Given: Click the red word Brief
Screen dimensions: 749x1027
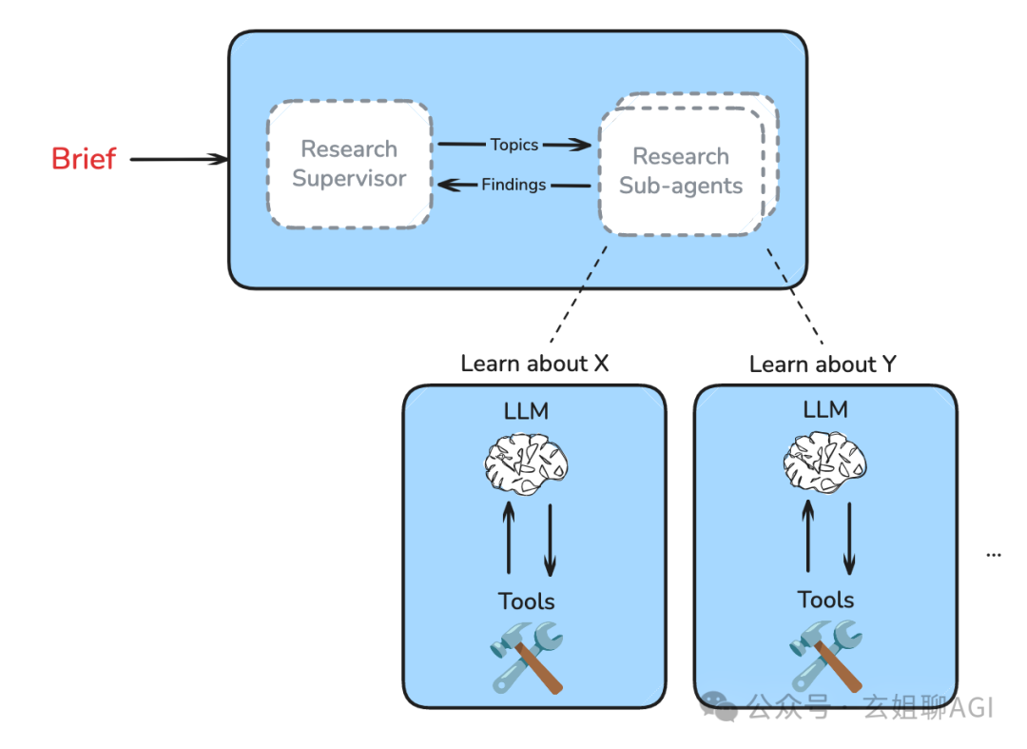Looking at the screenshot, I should pyautogui.click(x=84, y=159).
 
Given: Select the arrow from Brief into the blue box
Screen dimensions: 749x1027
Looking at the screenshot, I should pyautogui.click(x=179, y=160).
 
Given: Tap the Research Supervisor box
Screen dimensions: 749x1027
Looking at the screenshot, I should pyautogui.click(x=349, y=164).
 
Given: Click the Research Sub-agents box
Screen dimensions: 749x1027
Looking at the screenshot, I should pyautogui.click(x=681, y=171).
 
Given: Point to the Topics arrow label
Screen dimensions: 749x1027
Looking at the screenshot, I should pyautogui.click(x=514, y=145).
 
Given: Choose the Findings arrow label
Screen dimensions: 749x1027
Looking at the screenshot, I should pyautogui.click(x=513, y=185).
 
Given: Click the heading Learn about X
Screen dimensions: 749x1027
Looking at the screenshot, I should pyautogui.click(x=534, y=364).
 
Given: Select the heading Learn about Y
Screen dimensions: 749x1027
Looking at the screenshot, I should pyautogui.click(x=823, y=364).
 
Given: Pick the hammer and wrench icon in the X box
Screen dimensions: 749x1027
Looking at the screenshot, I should pyautogui.click(x=528, y=657).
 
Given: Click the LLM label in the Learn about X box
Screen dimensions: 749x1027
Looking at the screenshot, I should pyautogui.click(x=526, y=410).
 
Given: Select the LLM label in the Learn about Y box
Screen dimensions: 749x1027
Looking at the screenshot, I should pyautogui.click(x=824, y=409).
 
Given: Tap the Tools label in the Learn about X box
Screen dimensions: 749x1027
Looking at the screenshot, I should pyautogui.click(x=526, y=601).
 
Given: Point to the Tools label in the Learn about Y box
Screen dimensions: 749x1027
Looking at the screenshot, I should pyautogui.click(x=825, y=600).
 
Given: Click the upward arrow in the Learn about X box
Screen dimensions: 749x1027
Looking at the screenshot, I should pyautogui.click(x=509, y=538).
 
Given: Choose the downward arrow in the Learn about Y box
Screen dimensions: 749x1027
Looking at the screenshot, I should pyautogui.click(x=848, y=538).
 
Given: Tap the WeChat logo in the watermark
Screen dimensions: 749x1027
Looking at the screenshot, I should pyautogui.click(x=719, y=706).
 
